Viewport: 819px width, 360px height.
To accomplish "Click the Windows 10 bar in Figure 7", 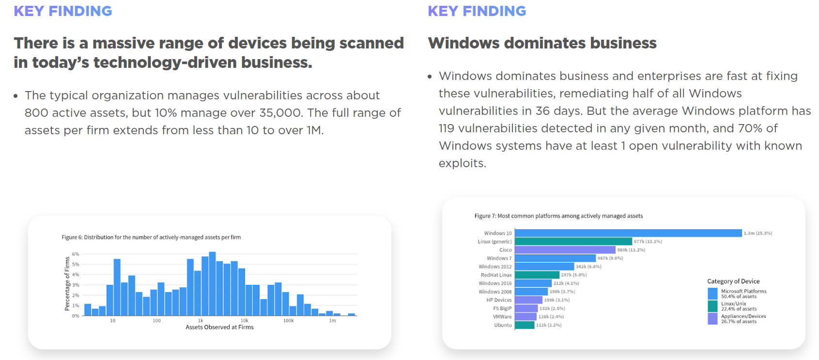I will (x=628, y=233).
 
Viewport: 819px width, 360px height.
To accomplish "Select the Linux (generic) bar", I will (x=573, y=241).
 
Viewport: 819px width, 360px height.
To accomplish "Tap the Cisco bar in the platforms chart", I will (x=565, y=250).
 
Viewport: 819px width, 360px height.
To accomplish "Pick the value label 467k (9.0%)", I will (x=610, y=258).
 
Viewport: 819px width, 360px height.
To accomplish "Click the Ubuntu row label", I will (x=503, y=325).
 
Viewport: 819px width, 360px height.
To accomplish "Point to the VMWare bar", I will (x=525, y=317).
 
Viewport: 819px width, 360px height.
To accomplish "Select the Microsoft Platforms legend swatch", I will (x=712, y=294).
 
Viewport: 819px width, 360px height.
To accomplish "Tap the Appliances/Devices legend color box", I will (x=712, y=318).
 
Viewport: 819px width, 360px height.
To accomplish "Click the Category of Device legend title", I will (x=733, y=281).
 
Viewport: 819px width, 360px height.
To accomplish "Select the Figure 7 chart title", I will (x=558, y=216).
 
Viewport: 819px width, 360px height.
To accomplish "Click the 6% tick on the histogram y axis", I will (x=76, y=254).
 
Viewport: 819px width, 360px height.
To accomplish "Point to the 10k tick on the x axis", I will (x=245, y=321).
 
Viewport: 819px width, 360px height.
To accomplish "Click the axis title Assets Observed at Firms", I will (x=219, y=328).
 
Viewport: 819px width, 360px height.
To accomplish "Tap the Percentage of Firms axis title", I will (x=67, y=284).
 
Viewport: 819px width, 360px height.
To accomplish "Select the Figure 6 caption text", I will (x=151, y=237).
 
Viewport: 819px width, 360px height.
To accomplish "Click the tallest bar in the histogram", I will (x=212, y=284).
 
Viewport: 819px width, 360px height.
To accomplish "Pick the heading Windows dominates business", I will (x=542, y=43).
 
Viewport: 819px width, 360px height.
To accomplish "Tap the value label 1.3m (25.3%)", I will (x=758, y=233).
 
